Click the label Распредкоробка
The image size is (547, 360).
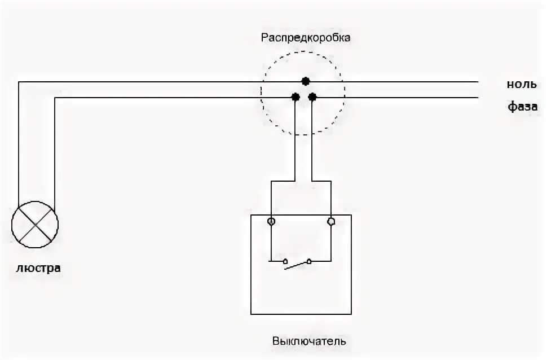(x=305, y=38)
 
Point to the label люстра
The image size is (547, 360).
(x=38, y=268)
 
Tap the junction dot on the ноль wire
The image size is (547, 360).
(x=305, y=82)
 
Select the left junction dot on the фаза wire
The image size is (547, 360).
(x=295, y=97)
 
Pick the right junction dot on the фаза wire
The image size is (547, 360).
(x=312, y=97)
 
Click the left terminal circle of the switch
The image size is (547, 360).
(x=271, y=222)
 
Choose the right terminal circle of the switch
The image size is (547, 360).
(x=330, y=222)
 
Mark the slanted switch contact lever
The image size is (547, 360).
(x=297, y=265)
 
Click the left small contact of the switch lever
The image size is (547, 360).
(x=285, y=261)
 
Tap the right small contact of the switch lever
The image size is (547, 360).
(x=309, y=261)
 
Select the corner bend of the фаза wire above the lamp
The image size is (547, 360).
(x=55, y=98)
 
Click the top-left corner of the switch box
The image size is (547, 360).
(x=251, y=214)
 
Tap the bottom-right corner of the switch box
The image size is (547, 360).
(x=351, y=314)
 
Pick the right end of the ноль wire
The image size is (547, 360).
(x=478, y=82)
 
